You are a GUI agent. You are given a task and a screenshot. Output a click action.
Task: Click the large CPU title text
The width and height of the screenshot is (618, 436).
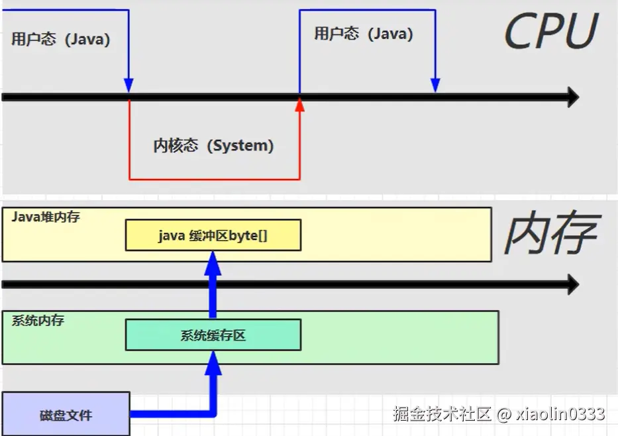click(551, 32)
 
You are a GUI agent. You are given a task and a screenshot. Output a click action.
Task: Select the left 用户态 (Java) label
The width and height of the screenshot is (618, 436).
click(60, 39)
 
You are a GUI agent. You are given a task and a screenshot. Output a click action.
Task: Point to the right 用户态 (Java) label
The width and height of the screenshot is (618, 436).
click(363, 34)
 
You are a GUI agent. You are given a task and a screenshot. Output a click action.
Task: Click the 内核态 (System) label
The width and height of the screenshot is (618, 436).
click(213, 146)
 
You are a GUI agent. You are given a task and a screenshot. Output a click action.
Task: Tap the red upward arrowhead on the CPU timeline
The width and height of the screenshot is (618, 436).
click(299, 103)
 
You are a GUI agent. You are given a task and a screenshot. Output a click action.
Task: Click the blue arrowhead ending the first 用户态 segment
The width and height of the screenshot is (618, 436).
click(129, 85)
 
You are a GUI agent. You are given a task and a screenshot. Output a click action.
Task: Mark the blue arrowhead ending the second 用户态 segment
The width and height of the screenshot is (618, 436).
click(435, 85)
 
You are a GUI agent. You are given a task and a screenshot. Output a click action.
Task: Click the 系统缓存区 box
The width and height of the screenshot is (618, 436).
click(213, 335)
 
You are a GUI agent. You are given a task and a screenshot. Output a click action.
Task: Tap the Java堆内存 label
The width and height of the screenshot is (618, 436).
click(46, 217)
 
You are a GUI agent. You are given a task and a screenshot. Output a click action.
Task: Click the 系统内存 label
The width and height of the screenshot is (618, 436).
click(38, 321)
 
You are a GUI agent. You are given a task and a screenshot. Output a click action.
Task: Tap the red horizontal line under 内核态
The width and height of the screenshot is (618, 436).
click(213, 179)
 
